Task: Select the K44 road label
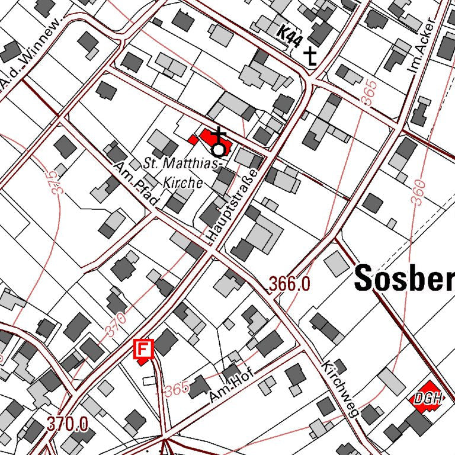pos(290,39)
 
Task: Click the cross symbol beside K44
pos(311,56)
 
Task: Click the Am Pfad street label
pos(136,186)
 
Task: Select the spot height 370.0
pos(68,424)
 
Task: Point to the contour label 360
pos(418,193)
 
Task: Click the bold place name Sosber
pos(404,279)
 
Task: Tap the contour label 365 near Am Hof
pos(177,390)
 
